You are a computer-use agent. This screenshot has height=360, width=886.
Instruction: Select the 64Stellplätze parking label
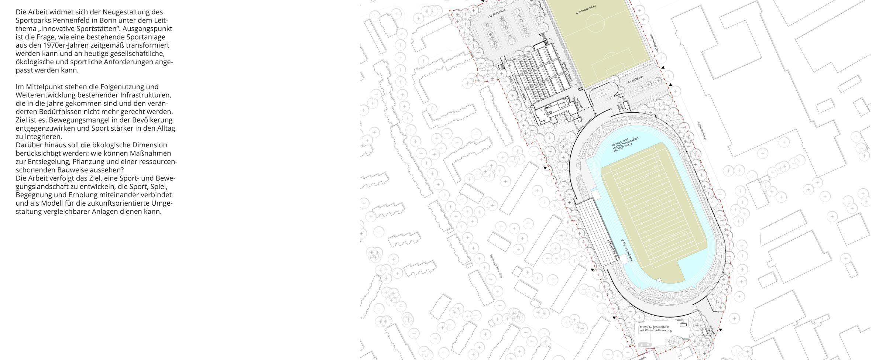point(635,79)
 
